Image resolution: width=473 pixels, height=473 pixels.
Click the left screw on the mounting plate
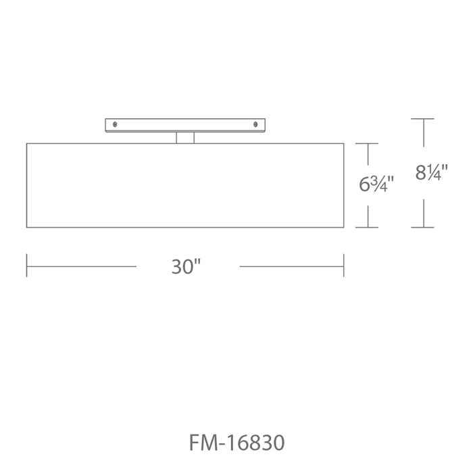(x=115, y=124)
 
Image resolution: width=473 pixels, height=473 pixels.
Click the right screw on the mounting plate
(x=255, y=124)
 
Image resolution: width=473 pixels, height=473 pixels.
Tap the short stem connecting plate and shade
(x=185, y=138)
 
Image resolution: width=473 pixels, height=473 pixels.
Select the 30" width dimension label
(x=186, y=267)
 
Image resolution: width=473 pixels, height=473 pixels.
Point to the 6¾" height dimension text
(x=376, y=184)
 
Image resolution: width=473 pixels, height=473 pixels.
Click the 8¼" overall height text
(x=431, y=172)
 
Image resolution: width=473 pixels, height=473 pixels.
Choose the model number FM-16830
(x=236, y=443)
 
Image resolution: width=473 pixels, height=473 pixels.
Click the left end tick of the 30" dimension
(x=26, y=266)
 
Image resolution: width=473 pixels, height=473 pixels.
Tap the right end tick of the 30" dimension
(x=343, y=266)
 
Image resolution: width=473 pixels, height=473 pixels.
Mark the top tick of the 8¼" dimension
(x=422, y=119)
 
